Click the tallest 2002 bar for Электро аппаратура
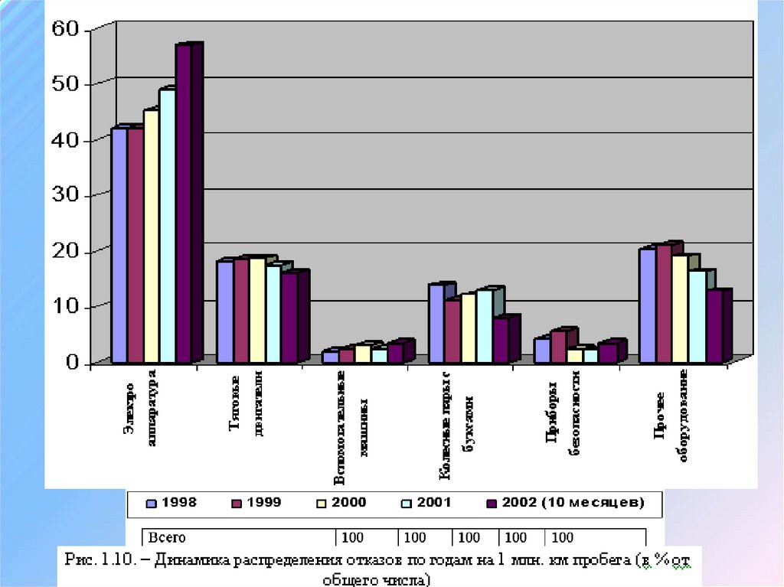coord(183,203)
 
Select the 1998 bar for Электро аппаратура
coord(119,245)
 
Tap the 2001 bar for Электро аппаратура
coord(167,226)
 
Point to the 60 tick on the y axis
coord(65,29)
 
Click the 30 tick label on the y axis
coord(65,196)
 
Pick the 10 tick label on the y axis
coord(65,307)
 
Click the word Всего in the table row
coord(166,537)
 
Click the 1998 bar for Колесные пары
coord(436,323)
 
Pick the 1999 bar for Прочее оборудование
coord(663,303)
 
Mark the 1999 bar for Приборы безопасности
coord(559,346)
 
